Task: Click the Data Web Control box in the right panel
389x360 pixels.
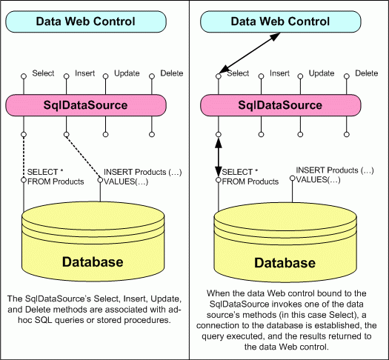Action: pos(282,22)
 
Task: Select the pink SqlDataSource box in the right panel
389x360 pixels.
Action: pos(282,105)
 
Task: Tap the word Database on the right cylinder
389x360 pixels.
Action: pos(285,263)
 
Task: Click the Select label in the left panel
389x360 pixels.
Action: pos(42,73)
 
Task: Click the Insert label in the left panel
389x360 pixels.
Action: pos(84,73)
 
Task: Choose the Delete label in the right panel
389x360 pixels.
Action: pos(366,73)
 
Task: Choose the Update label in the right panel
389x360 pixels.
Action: pos(321,73)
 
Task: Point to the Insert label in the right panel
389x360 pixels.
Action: pos(279,73)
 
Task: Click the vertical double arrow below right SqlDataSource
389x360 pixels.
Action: pos(218,156)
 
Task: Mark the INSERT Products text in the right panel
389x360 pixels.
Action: pos(330,174)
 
